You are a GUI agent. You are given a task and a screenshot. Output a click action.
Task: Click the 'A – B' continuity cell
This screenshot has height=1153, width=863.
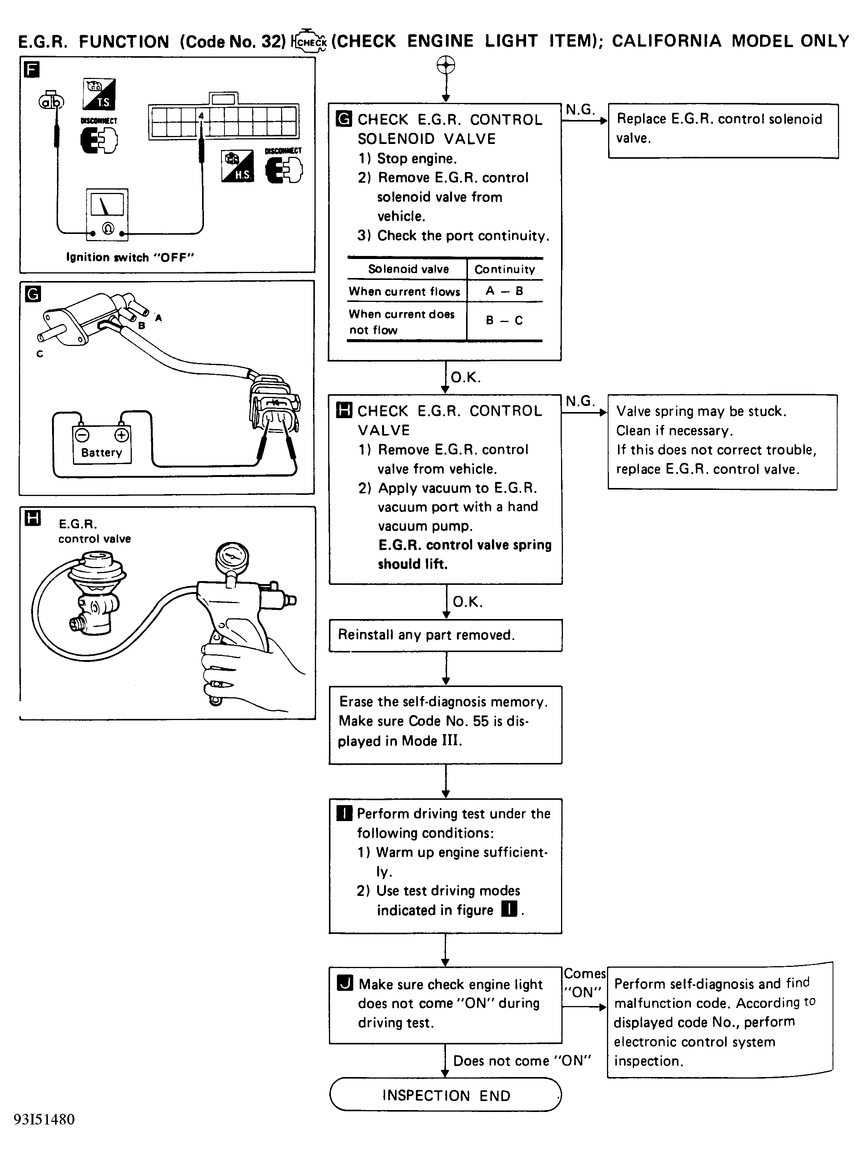click(x=504, y=291)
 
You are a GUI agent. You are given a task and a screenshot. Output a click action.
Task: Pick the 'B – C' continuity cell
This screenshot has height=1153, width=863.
click(x=504, y=321)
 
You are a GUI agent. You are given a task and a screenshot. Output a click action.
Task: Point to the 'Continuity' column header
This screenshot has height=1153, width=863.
click(x=504, y=269)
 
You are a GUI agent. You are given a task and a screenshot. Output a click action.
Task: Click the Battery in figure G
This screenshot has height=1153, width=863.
click(x=102, y=444)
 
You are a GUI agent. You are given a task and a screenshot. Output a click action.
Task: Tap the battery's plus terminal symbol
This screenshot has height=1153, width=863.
click(x=122, y=434)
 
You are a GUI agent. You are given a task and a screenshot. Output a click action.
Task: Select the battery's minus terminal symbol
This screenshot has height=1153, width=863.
click(x=81, y=434)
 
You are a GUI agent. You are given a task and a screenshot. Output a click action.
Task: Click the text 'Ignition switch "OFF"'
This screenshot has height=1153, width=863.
click(x=130, y=257)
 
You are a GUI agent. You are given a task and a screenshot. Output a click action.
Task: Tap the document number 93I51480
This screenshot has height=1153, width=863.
click(x=44, y=1120)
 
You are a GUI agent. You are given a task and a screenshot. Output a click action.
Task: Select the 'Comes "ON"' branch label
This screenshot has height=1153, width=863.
click(x=584, y=983)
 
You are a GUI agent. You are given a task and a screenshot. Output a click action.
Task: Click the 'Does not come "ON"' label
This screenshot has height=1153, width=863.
click(x=522, y=1061)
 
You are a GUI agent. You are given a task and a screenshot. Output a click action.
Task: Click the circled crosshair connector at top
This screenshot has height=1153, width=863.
click(x=446, y=66)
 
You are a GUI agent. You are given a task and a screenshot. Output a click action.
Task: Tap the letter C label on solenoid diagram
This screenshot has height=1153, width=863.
click(x=40, y=354)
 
